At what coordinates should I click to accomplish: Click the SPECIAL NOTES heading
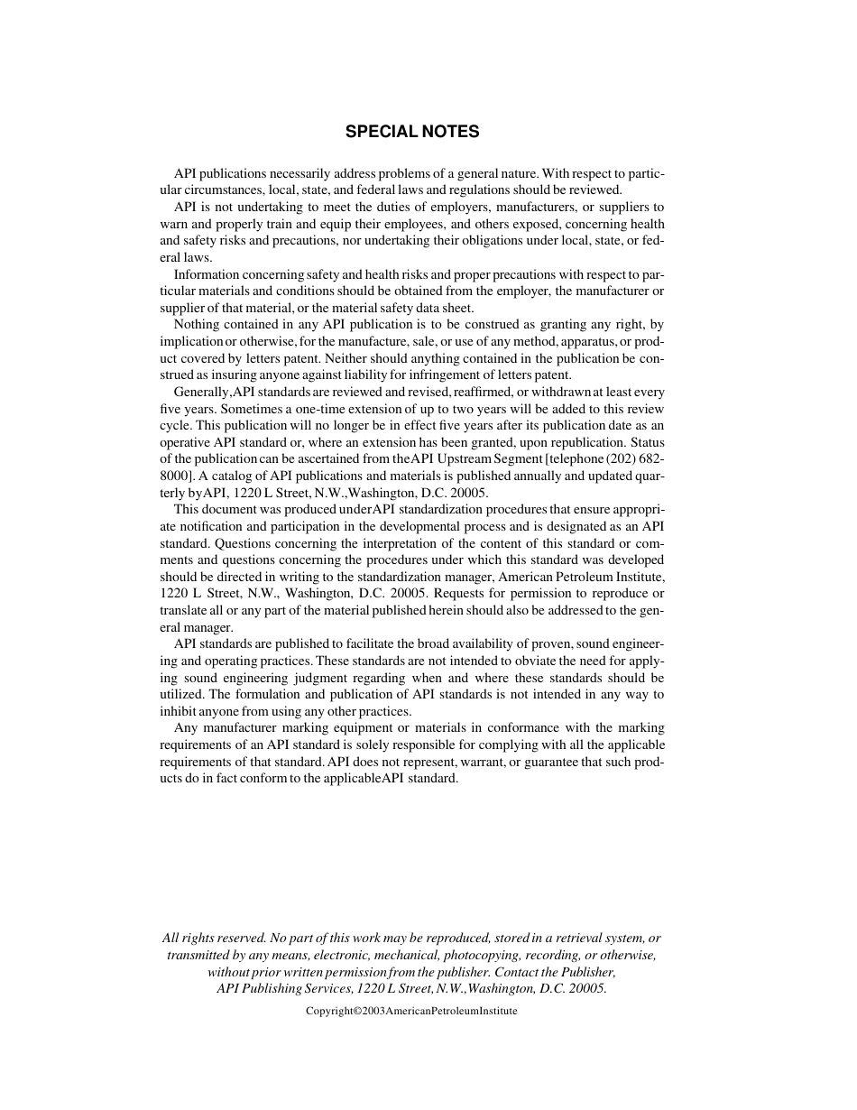click(412, 132)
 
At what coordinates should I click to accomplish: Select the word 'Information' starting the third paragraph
click(206, 274)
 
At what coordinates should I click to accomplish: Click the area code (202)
click(613, 459)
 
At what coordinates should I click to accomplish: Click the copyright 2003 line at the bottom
click(411, 1012)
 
